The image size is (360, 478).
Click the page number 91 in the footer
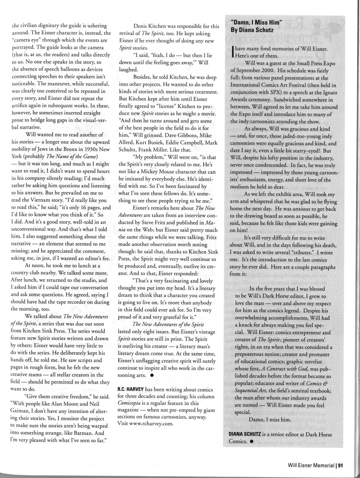[340, 466]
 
